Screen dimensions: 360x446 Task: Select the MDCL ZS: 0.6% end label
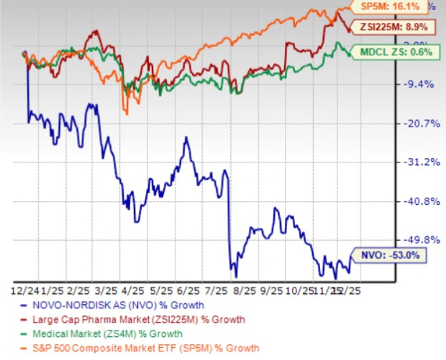(x=398, y=52)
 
